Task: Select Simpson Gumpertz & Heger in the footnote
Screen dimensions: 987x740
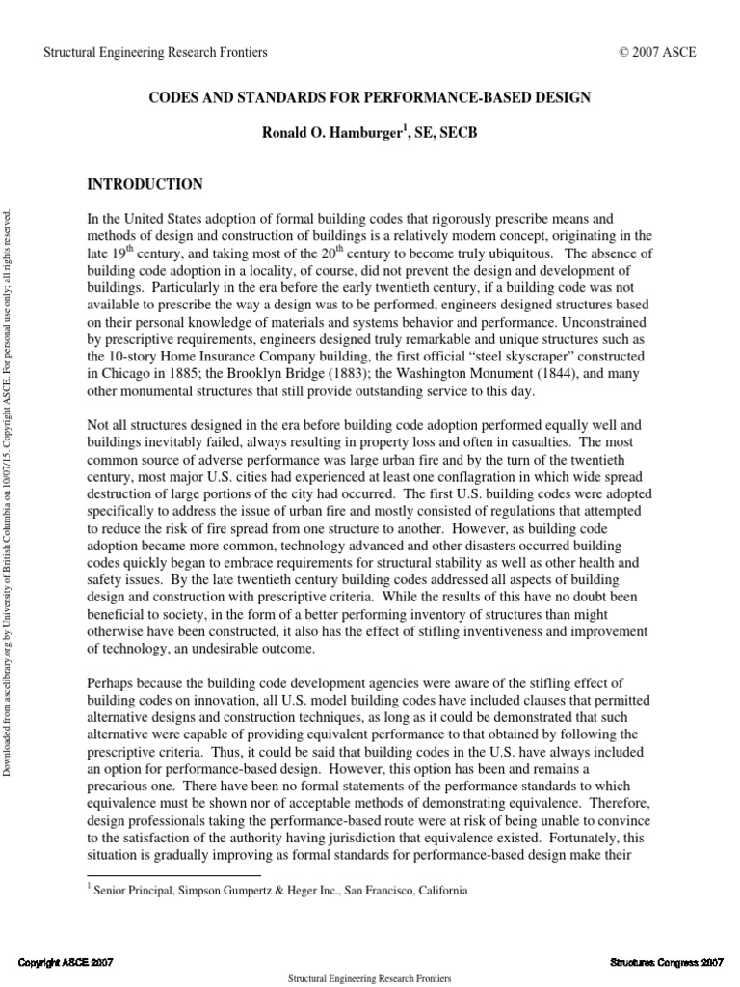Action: [x=256, y=891]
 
